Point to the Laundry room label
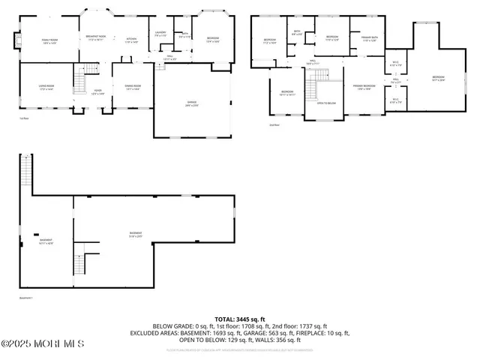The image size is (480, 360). coord(160,34)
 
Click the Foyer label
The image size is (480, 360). coord(97,91)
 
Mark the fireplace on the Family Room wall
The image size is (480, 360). coord(11,41)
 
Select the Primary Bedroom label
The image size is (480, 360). coord(364,88)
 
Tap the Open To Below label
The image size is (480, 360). coord(325,103)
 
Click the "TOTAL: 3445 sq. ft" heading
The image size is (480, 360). coord(239,319)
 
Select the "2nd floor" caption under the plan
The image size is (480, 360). coord(274,124)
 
